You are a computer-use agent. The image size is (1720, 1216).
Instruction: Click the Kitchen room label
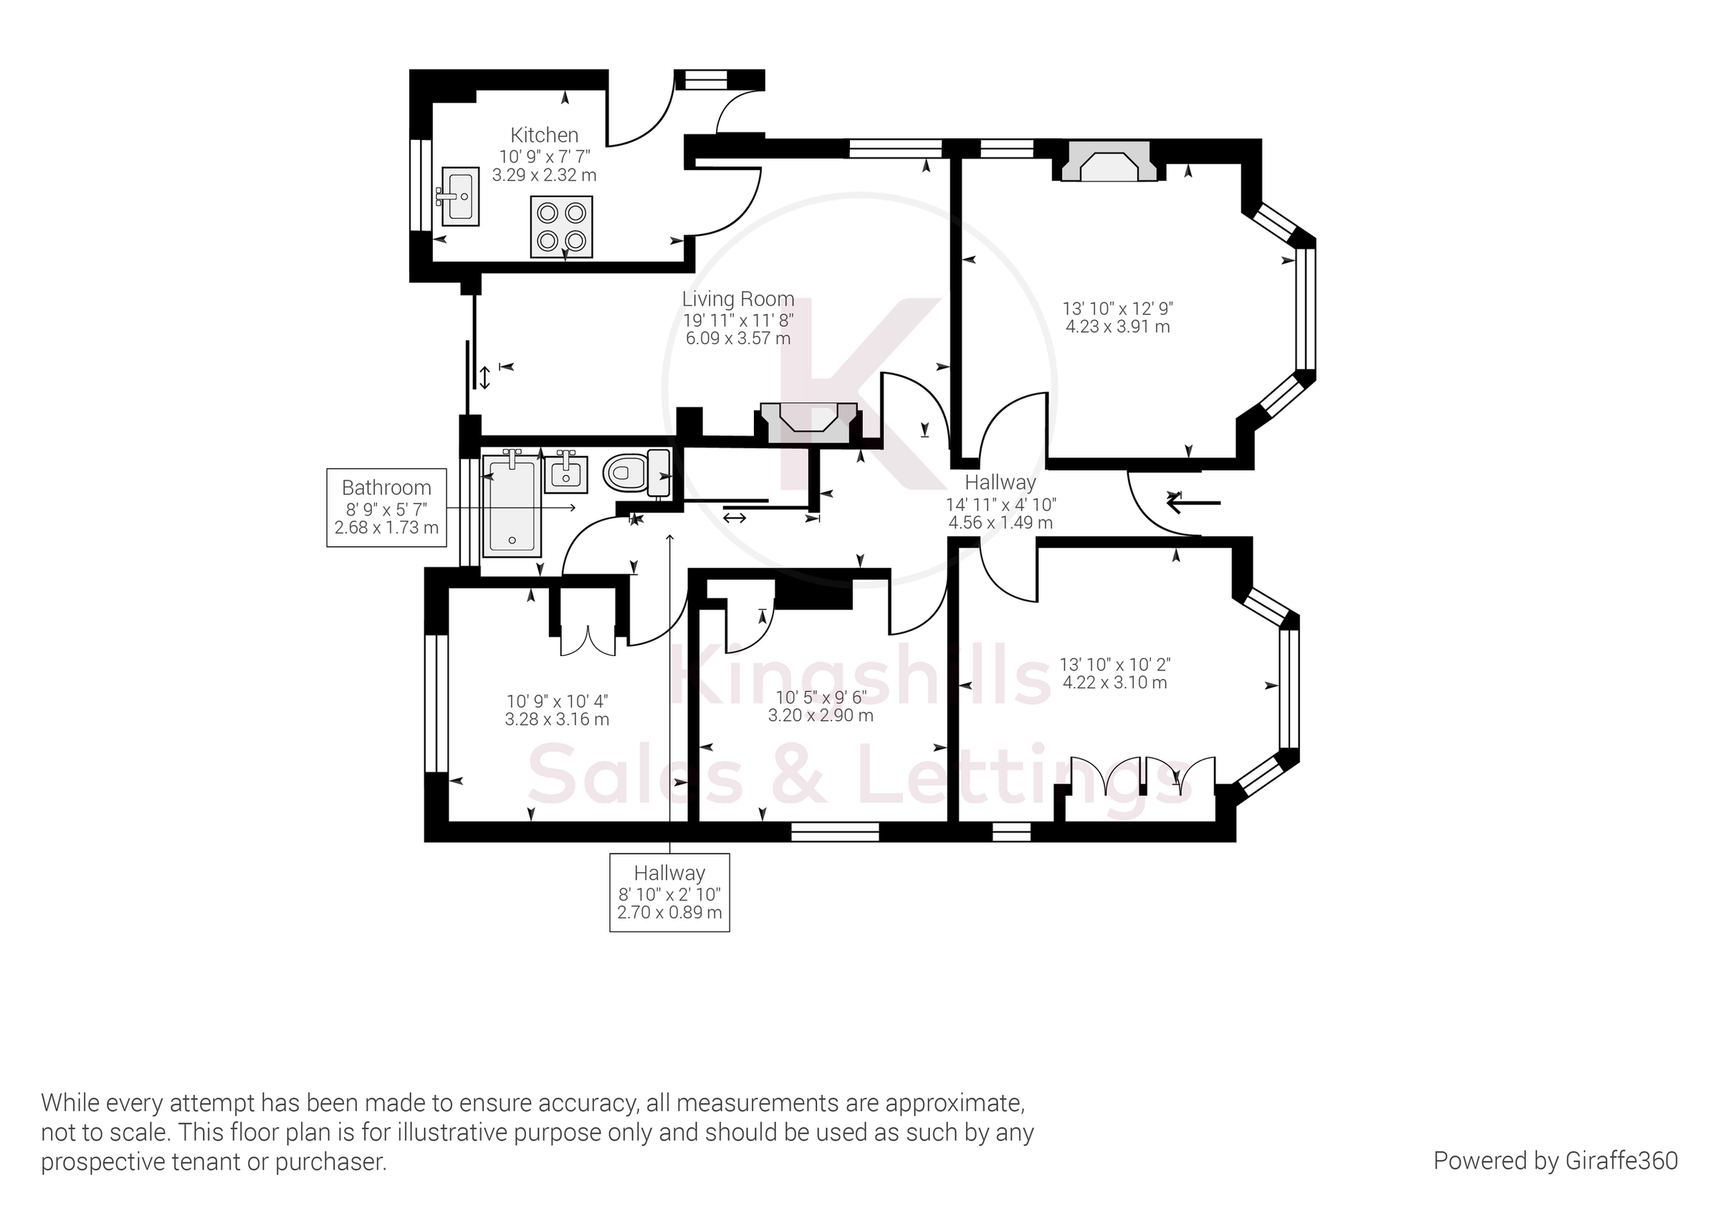click(545, 135)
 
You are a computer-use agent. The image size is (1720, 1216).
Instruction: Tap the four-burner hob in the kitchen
click(561, 227)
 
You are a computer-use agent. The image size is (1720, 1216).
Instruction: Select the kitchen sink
click(459, 196)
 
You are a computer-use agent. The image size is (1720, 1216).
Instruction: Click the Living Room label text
click(738, 299)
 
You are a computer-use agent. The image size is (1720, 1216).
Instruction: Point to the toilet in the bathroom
click(637, 472)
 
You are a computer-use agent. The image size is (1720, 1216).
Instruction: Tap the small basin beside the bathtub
click(566, 472)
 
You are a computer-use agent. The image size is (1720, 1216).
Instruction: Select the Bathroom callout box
click(386, 507)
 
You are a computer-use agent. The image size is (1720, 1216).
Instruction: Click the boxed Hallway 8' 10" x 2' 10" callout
click(669, 893)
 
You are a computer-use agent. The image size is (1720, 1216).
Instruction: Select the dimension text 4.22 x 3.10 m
click(1114, 683)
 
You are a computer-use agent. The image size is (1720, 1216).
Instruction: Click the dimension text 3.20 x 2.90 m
click(821, 716)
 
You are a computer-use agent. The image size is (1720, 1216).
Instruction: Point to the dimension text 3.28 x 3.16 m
click(557, 720)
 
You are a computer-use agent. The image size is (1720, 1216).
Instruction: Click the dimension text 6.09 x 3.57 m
click(738, 338)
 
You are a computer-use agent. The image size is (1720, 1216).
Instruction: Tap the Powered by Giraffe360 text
click(1555, 1161)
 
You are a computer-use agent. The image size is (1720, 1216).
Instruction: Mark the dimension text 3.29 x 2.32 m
click(545, 176)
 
